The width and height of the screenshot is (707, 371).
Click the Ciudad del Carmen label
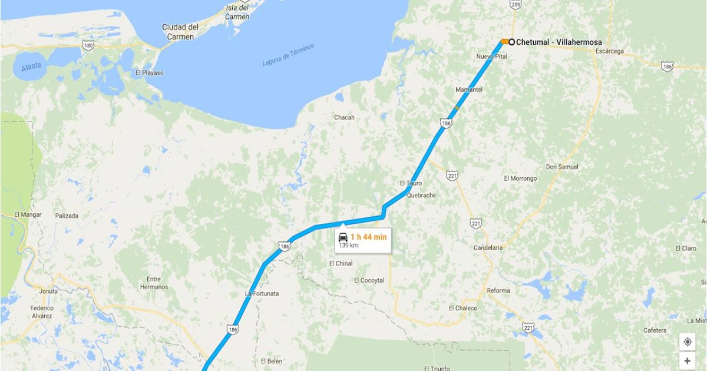[180, 32]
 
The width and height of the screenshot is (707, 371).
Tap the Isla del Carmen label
[237, 12]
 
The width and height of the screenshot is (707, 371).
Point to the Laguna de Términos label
[289, 55]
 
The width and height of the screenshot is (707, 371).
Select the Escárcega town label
[609, 51]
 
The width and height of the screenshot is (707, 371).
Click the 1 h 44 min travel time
[368, 237]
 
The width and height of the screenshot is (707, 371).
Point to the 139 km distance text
[348, 246]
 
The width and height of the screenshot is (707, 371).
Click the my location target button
[687, 342]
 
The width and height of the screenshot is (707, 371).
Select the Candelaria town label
[488, 248]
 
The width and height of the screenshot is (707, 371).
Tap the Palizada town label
[67, 216]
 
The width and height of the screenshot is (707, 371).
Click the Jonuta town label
[48, 291]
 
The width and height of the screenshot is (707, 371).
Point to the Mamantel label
[469, 90]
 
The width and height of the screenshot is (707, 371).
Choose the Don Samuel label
[562, 167]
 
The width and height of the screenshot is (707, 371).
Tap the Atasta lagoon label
[32, 67]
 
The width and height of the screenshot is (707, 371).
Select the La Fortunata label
[262, 293]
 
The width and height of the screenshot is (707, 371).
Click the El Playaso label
[149, 73]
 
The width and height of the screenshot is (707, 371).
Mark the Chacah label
[344, 118]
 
